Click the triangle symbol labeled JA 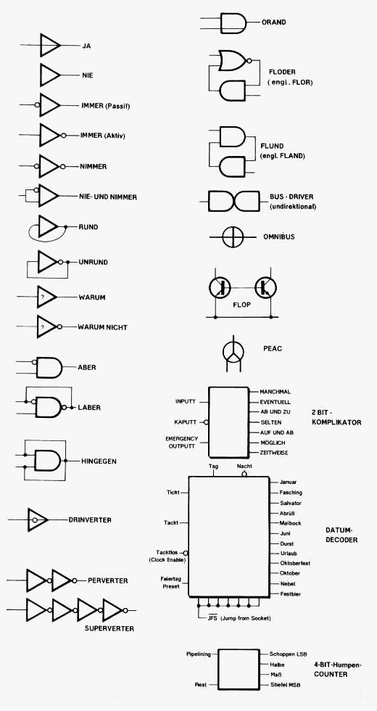pyautogui.click(x=49, y=45)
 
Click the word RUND pyautogui.click(x=88, y=226)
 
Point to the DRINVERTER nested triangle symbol pyautogui.click(x=38, y=519)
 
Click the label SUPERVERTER pyautogui.click(x=109, y=628)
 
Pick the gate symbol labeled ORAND pyautogui.click(x=233, y=22)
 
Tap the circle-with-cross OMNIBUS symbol pyautogui.click(x=233, y=237)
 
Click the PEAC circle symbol pyautogui.click(x=233, y=351)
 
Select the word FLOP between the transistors pyautogui.click(x=241, y=305)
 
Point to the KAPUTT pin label pyautogui.click(x=186, y=422)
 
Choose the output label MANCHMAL pyautogui.click(x=275, y=392)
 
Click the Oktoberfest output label pyautogui.click(x=295, y=563)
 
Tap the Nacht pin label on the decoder pyautogui.click(x=244, y=466)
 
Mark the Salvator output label pyautogui.click(x=291, y=503)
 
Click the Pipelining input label pyautogui.click(x=199, y=654)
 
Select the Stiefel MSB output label pyautogui.click(x=285, y=685)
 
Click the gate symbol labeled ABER pyautogui.click(x=49, y=367)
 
